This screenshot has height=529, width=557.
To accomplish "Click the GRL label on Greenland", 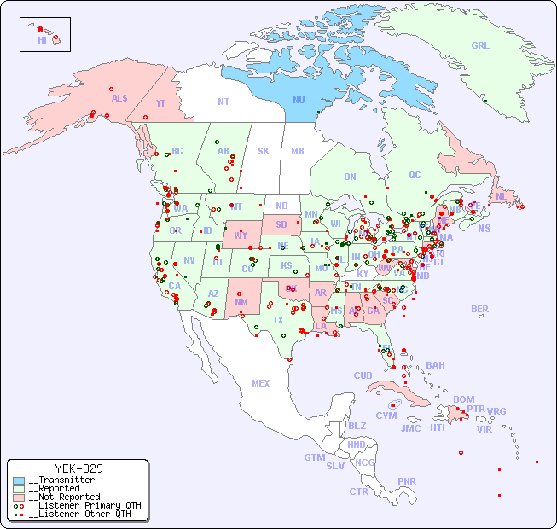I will (480, 46).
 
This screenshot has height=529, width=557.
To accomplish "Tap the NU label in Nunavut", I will (299, 100).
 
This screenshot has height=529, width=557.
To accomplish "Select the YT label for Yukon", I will (160, 103).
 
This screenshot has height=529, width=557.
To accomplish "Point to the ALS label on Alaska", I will (119, 98).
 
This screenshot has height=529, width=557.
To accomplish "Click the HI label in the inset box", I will (42, 40).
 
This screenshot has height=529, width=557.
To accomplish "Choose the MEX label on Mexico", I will (261, 383).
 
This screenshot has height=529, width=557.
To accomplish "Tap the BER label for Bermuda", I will (480, 309).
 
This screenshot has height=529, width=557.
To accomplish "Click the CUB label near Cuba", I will (363, 375).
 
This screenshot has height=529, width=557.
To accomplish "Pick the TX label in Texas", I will (278, 320).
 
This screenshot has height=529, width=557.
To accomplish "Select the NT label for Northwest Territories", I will (223, 101).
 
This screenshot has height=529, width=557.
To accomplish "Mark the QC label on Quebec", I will (415, 175).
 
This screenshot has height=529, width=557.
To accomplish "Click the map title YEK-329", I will (78, 468).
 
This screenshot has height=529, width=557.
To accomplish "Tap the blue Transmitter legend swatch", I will (19, 480).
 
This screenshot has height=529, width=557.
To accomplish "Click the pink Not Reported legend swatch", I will (19, 497).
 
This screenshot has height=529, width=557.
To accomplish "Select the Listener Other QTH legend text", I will (80, 514).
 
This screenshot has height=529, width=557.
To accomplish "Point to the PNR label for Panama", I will (407, 481).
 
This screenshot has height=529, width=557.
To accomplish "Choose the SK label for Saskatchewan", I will (264, 151).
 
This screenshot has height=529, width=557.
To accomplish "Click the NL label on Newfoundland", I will (501, 195).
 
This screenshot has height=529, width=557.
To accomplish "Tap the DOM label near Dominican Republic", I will (463, 399).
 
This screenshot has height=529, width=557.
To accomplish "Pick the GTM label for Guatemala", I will (314, 457).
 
